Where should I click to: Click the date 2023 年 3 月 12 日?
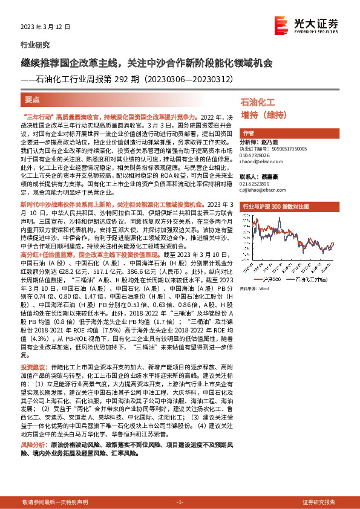45,27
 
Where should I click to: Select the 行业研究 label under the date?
33,45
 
